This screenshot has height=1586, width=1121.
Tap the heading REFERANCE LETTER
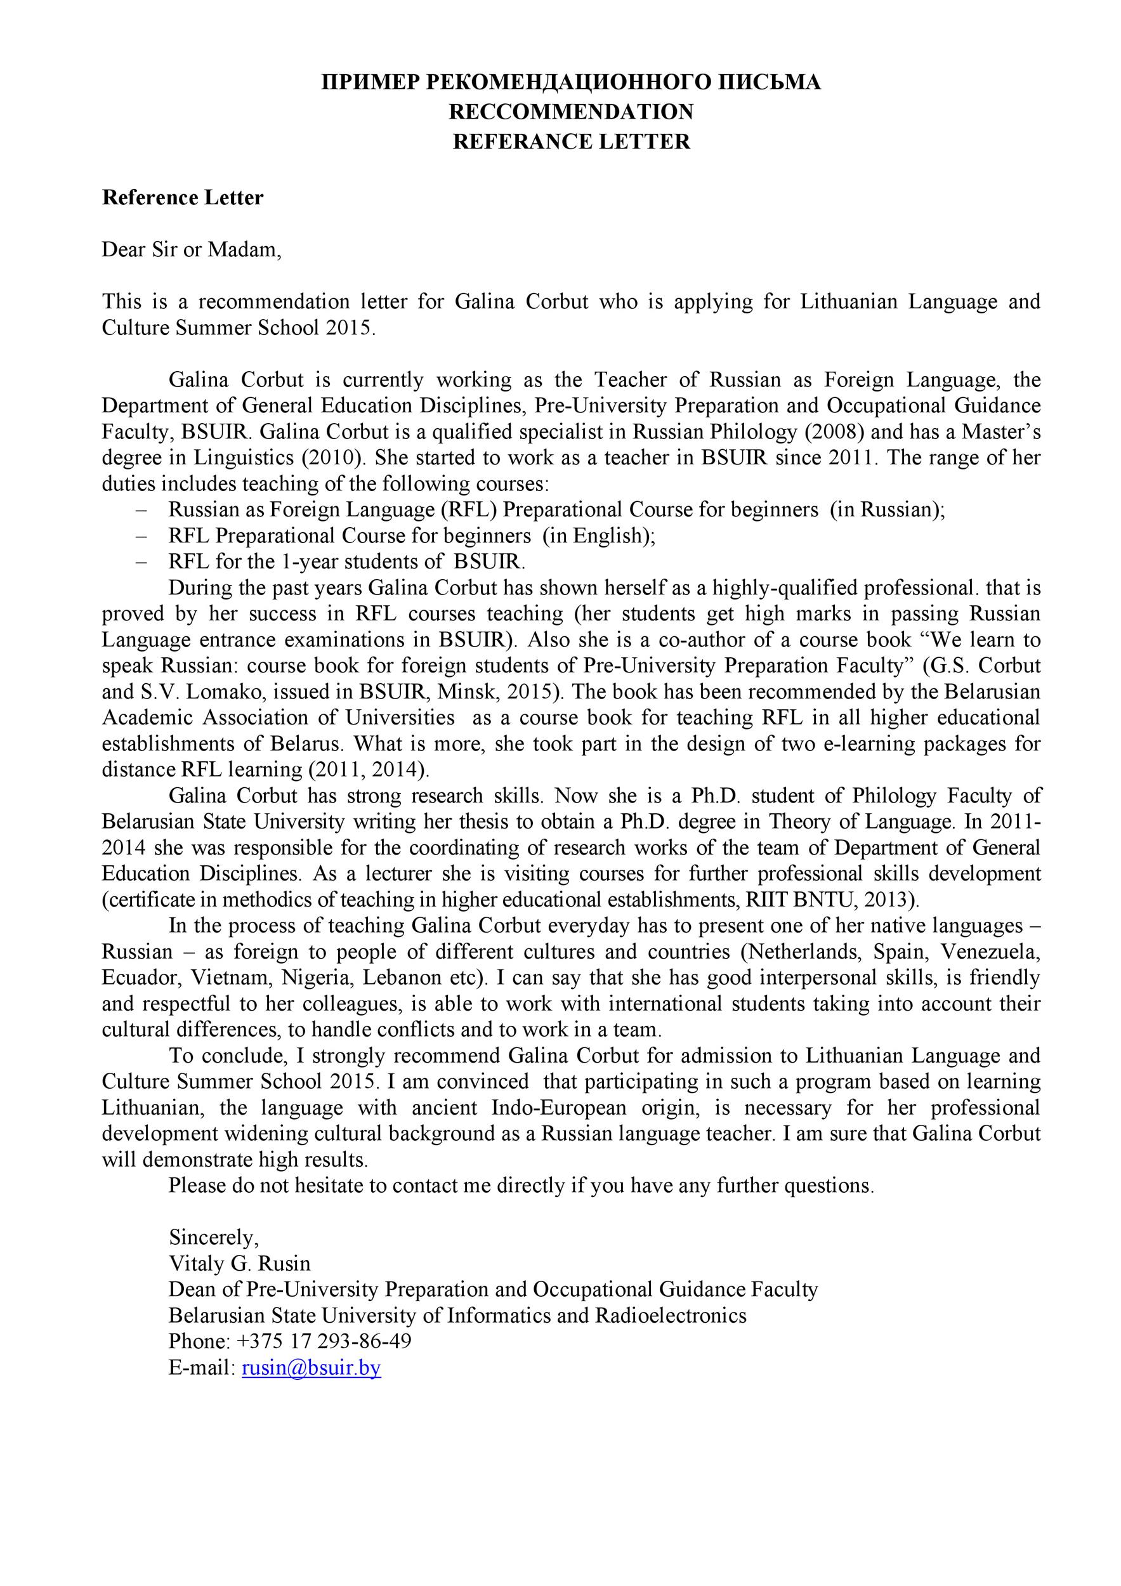pyautogui.click(x=571, y=141)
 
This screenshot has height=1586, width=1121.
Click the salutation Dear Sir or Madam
pyautogui.click(x=192, y=249)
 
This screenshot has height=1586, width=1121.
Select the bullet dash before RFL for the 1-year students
pyautogui.click(x=142, y=561)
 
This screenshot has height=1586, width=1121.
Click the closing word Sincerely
pyautogui.click(x=213, y=1237)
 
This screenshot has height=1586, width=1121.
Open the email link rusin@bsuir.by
pyautogui.click(x=311, y=1368)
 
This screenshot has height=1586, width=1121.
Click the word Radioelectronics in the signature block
pyautogui.click(x=669, y=1315)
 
